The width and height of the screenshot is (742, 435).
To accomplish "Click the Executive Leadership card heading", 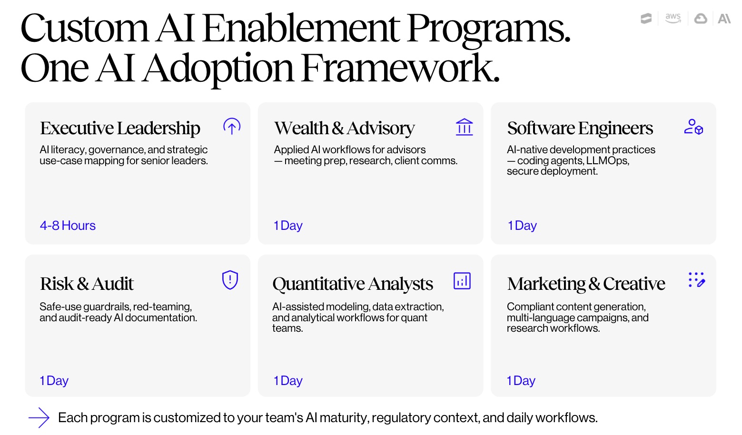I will [120, 128].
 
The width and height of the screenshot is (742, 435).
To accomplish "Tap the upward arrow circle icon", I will [232, 127].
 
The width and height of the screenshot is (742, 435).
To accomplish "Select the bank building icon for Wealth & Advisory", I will [464, 127].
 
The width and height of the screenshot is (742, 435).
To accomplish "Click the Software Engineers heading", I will [580, 128].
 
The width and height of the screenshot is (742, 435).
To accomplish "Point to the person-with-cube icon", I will [693, 127].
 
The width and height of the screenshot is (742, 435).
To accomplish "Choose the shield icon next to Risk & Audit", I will [230, 280].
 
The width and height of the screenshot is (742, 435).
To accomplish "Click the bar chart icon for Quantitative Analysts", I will [462, 281].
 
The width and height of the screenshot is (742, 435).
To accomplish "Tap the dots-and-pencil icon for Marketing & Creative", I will [696, 280].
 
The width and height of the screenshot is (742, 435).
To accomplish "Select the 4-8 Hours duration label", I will [68, 226].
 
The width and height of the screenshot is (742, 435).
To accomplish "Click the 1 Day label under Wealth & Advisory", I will [288, 226].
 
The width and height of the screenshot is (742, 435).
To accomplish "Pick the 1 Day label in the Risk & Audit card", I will [54, 381].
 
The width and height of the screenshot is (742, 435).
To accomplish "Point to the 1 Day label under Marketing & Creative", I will [521, 381].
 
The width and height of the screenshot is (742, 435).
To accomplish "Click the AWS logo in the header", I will [673, 19].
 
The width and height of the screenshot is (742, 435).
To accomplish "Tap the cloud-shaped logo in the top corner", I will [701, 19].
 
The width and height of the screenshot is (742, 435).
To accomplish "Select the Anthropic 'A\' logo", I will [724, 19].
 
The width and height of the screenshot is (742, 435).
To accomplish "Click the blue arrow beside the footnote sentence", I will [39, 418].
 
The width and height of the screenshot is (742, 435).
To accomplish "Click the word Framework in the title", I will [400, 69].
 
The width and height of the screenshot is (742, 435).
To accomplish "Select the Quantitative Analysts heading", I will [352, 284].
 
